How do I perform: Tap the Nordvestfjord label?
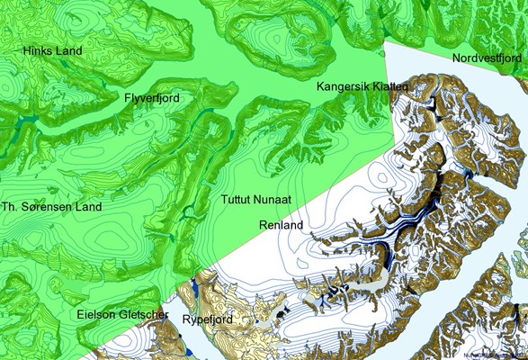point(487,58)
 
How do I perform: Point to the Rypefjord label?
point(208,319)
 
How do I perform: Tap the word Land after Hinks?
point(70,51)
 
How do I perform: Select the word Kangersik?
point(343,86)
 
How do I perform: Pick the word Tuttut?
point(238,199)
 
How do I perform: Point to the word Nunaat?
point(277,199)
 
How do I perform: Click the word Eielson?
point(94,316)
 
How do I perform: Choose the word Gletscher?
point(142,316)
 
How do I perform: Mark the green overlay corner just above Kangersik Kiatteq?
point(384,41)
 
